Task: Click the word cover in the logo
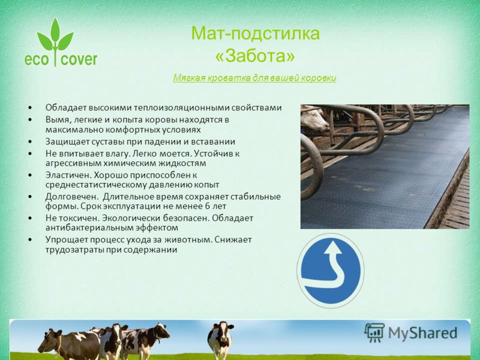click(79, 59)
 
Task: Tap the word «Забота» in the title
click(255, 56)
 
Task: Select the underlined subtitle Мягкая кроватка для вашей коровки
click(254, 78)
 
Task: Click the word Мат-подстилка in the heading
click(256, 33)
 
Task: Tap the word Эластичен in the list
click(68, 175)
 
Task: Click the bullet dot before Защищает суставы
click(29, 142)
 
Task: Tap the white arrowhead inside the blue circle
click(333, 247)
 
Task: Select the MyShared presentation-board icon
click(374, 332)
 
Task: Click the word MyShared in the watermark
click(422, 333)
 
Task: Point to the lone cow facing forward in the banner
click(220, 339)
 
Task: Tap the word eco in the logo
click(37, 59)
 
